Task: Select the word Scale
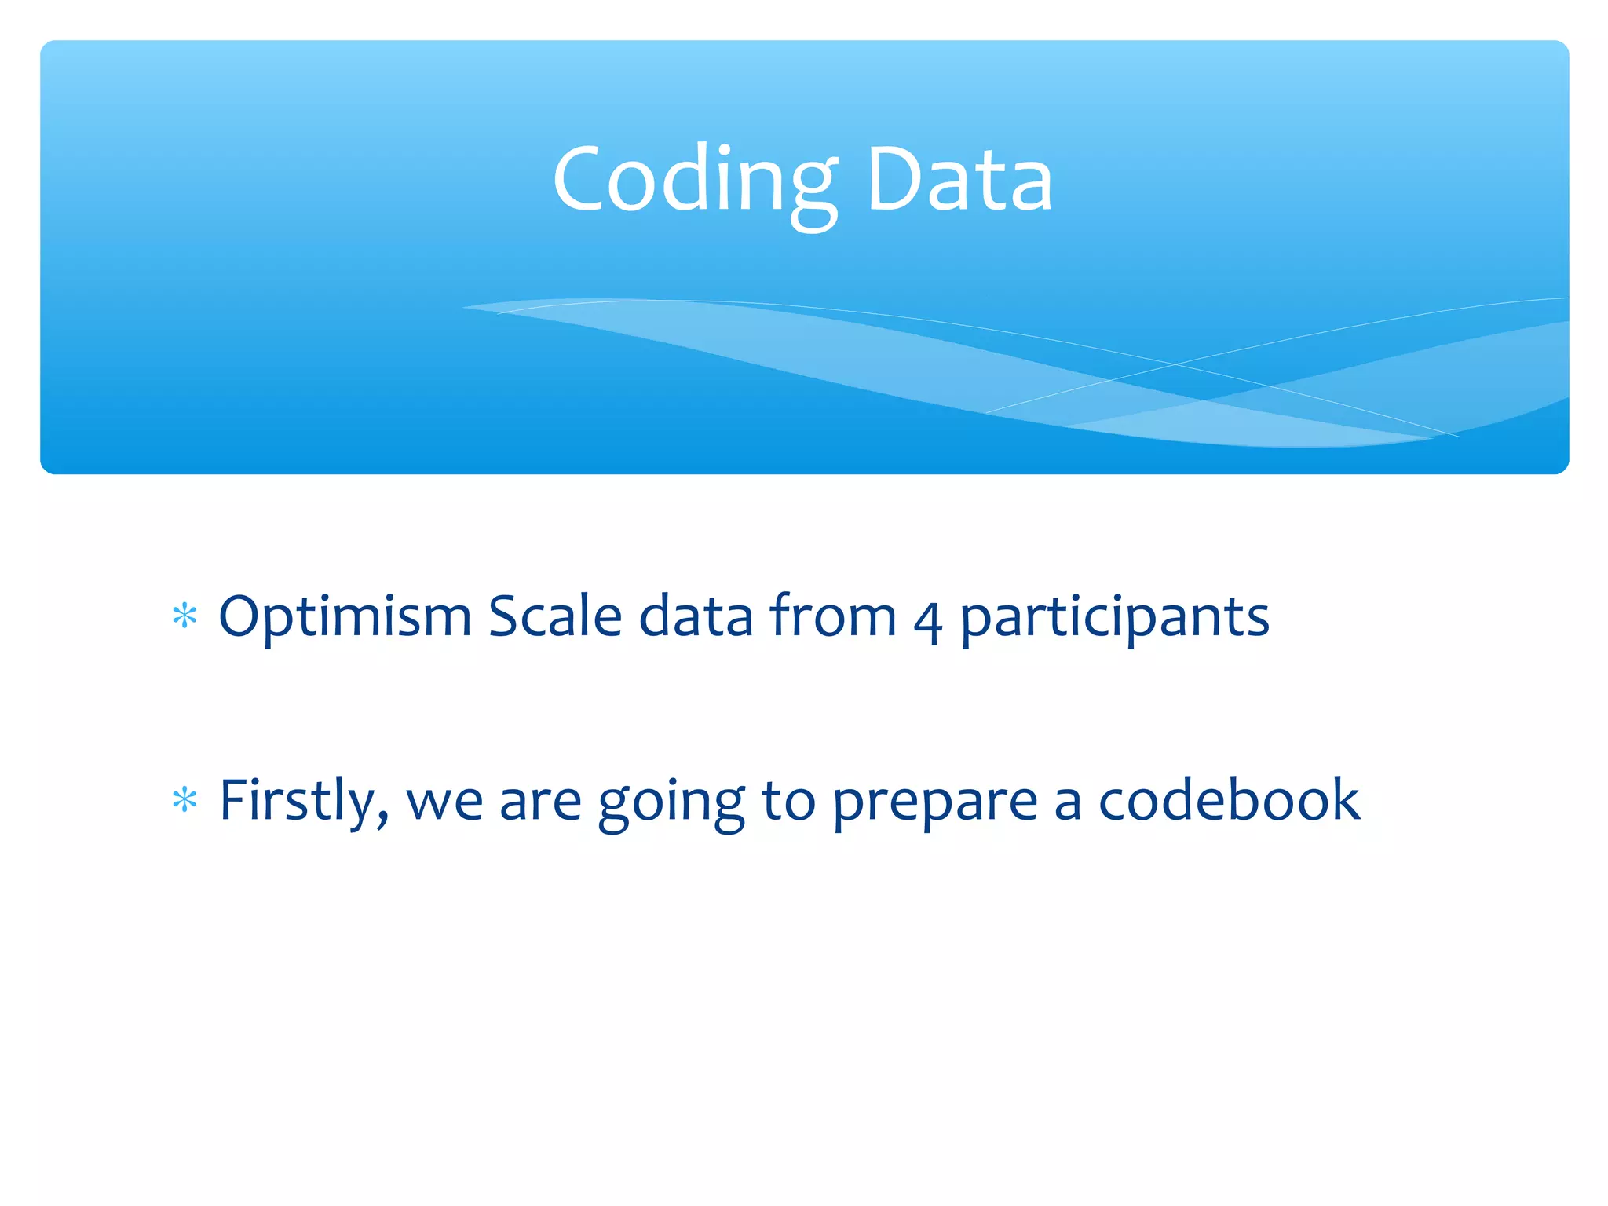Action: [554, 616]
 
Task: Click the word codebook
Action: [1228, 801]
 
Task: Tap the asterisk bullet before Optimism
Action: [185, 616]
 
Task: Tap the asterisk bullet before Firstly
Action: [185, 801]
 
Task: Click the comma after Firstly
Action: [382, 820]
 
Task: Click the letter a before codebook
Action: [1067, 806]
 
